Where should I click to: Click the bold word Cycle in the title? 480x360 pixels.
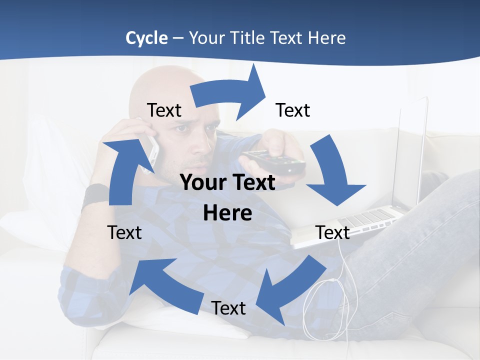coord(146,38)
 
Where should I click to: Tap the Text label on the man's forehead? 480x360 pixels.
coord(164,110)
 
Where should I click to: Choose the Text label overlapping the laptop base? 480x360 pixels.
coord(332,232)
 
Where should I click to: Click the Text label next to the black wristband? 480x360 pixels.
coord(124,232)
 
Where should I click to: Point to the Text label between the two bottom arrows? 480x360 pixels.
coord(228,308)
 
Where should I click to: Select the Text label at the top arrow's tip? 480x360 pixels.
coord(293,110)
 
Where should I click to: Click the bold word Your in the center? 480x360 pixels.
coord(203,183)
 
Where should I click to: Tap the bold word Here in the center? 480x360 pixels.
coord(227,213)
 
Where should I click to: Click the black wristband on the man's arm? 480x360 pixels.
coord(95,195)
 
